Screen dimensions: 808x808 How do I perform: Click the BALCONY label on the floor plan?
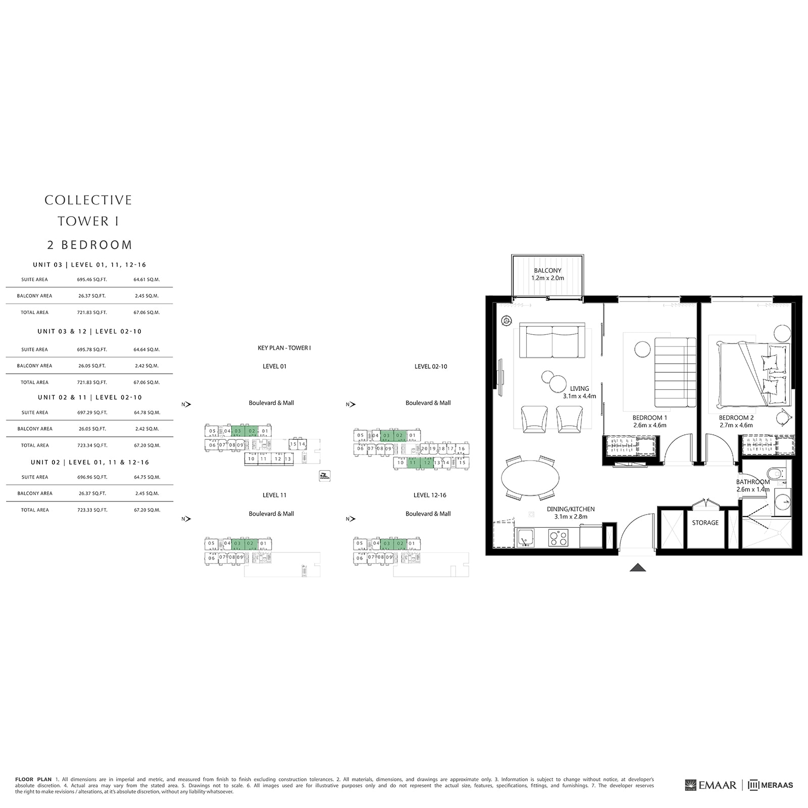click(x=547, y=271)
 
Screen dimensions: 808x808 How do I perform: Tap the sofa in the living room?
click(x=552, y=342)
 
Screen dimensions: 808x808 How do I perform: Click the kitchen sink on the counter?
click(x=526, y=537)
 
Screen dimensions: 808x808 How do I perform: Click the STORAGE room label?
click(x=705, y=523)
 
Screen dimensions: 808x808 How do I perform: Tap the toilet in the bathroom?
click(x=775, y=474)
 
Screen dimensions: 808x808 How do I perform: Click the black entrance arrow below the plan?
click(x=638, y=568)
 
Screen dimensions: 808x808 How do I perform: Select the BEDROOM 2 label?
click(x=736, y=418)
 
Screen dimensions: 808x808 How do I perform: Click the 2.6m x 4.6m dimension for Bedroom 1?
click(x=649, y=425)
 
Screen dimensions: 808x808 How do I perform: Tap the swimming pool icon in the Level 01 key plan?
click(x=325, y=476)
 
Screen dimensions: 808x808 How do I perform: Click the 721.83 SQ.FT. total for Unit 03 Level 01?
click(x=92, y=313)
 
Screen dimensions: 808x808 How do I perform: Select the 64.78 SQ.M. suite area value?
click(x=146, y=413)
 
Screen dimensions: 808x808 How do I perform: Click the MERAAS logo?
click(x=770, y=785)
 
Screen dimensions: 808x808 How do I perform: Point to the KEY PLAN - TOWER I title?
click(x=284, y=348)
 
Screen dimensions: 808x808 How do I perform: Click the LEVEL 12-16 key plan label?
click(x=430, y=495)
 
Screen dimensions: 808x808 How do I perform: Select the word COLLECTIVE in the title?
click(x=88, y=200)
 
